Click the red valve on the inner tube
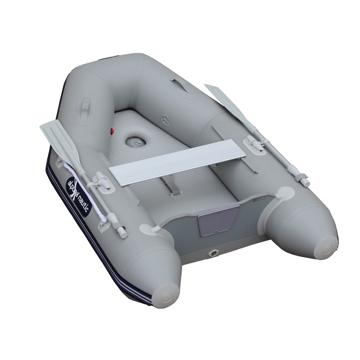click(112, 131)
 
